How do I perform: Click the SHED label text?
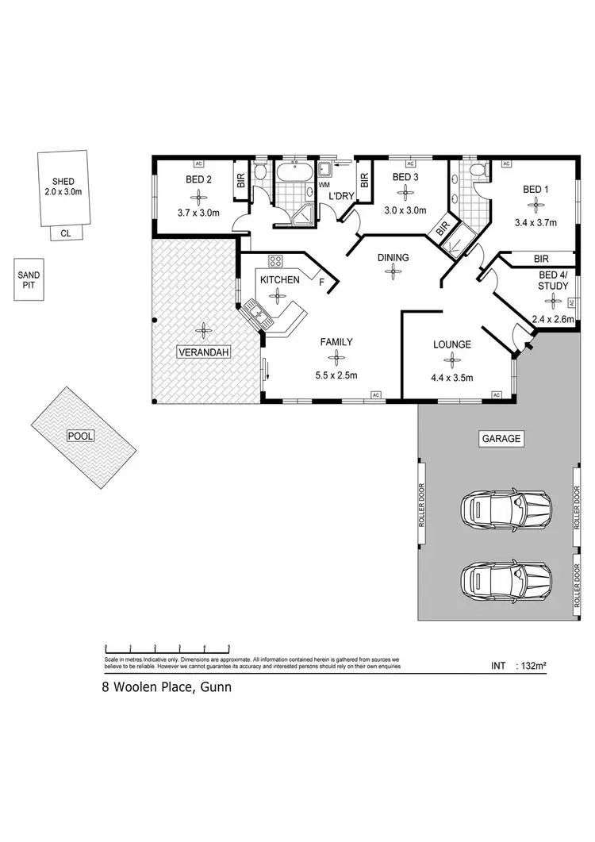coord(63,182)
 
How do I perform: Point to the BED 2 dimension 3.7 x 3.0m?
coord(197,212)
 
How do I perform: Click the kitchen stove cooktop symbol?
coord(276,260)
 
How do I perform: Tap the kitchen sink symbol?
coord(259,313)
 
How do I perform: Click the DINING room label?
coord(393,257)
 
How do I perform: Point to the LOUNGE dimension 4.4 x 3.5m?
coord(452,378)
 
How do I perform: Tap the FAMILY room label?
coord(336,342)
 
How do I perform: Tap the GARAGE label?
coord(500,438)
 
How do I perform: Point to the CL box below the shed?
coord(65,233)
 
